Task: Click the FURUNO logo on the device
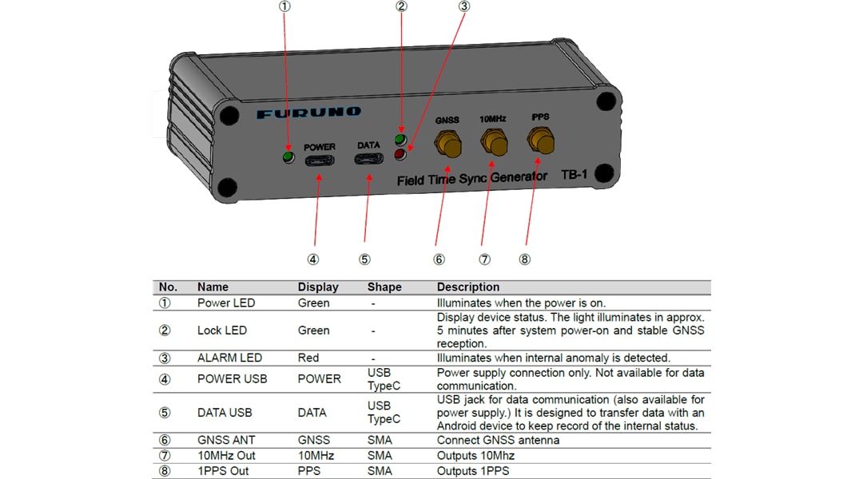point(308,113)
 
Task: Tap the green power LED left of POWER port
point(289,156)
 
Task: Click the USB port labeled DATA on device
point(368,157)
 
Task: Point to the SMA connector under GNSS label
point(447,144)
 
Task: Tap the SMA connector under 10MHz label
point(493,144)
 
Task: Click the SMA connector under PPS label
point(541,142)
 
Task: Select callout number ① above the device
point(284,6)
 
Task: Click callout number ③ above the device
point(463,6)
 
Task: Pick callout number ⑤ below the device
point(364,259)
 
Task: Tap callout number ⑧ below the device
point(524,259)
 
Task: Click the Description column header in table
point(467,287)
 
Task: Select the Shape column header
point(384,287)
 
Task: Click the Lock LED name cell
point(222,331)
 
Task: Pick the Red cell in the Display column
point(308,358)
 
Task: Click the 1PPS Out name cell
point(223,470)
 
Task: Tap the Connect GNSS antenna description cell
point(498,440)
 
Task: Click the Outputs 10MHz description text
point(475,455)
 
